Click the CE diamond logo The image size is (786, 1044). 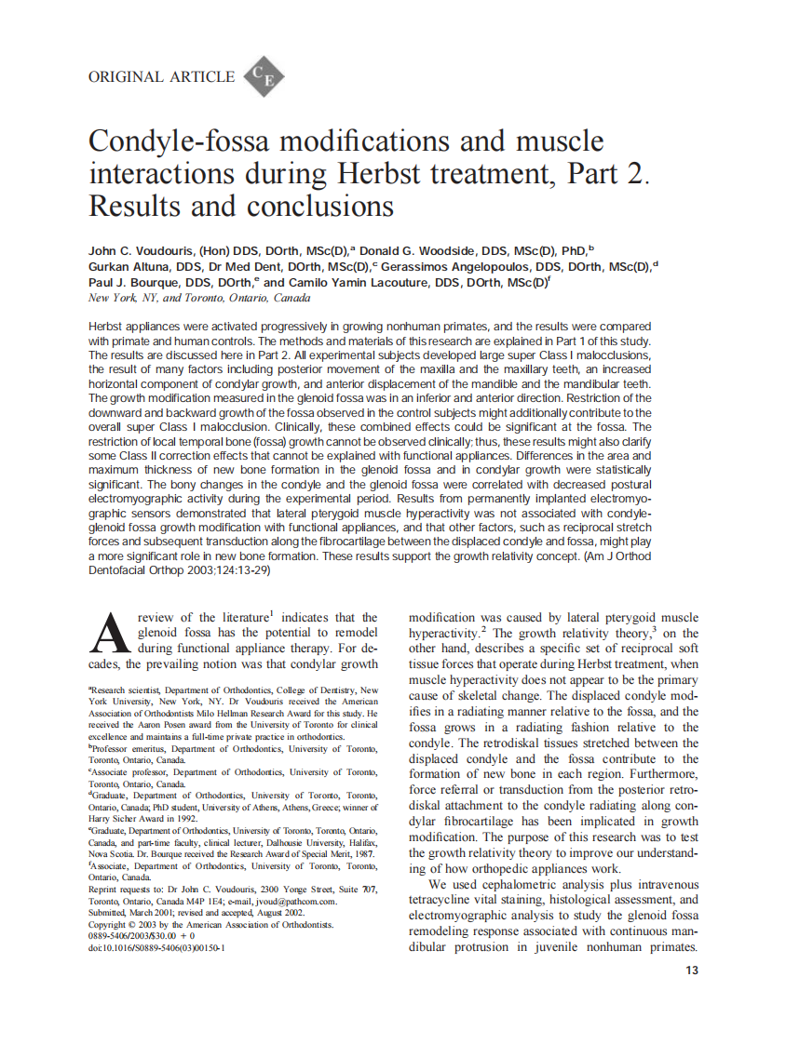tap(264, 78)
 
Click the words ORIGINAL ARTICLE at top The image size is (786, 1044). tap(161, 77)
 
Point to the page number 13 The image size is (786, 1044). tap(691, 970)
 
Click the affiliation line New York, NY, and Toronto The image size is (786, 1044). tap(199, 299)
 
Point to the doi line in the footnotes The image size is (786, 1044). tap(156, 948)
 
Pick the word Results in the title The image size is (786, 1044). tap(136, 205)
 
